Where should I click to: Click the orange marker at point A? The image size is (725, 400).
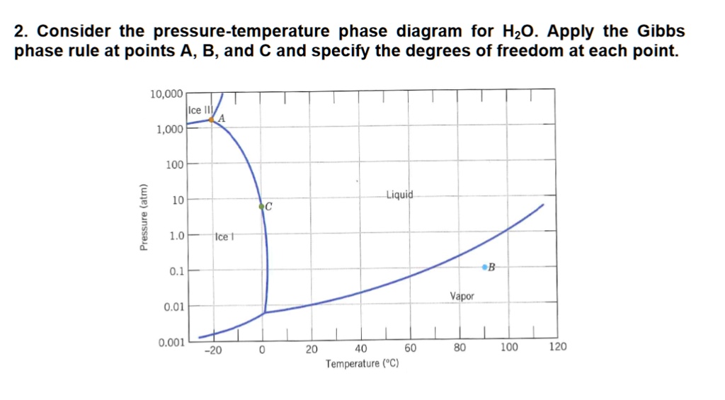point(212,120)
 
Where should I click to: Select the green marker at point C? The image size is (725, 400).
point(262,206)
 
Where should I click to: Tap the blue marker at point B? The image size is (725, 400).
point(485,267)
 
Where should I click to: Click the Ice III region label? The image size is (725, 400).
point(197,110)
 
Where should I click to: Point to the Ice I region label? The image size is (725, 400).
point(222,236)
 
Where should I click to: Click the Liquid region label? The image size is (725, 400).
point(402,194)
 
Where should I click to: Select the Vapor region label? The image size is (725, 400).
point(462,297)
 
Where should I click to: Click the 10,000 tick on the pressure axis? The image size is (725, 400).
point(167,93)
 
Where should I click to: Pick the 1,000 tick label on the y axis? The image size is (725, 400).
point(171,129)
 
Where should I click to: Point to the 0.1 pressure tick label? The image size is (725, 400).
point(176,270)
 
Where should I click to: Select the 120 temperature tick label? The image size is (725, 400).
point(557,348)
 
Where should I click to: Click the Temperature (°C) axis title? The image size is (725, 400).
point(362,364)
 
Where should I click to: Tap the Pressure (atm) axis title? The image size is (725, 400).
point(144,217)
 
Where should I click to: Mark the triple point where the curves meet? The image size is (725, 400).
point(265,312)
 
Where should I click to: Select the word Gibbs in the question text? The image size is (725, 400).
point(661,31)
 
